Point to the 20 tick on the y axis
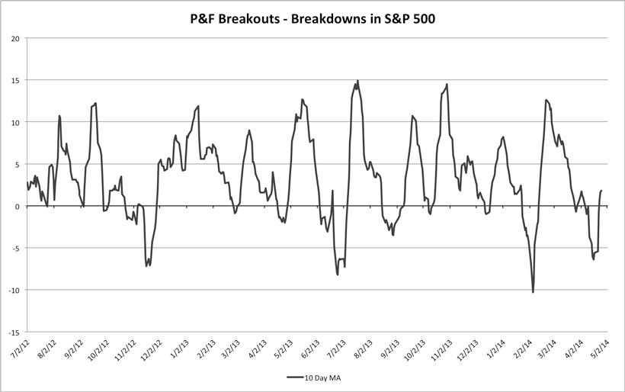point(15,38)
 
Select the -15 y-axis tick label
point(14,333)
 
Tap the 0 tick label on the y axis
point(18,206)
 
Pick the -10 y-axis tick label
point(14,291)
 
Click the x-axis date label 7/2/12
point(18,350)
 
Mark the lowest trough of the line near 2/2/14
point(533,292)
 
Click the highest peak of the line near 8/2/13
point(357,80)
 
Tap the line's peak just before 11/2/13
point(447,84)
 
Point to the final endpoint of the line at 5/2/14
point(601,191)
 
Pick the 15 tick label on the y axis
point(15,80)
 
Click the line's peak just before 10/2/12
point(95,103)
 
